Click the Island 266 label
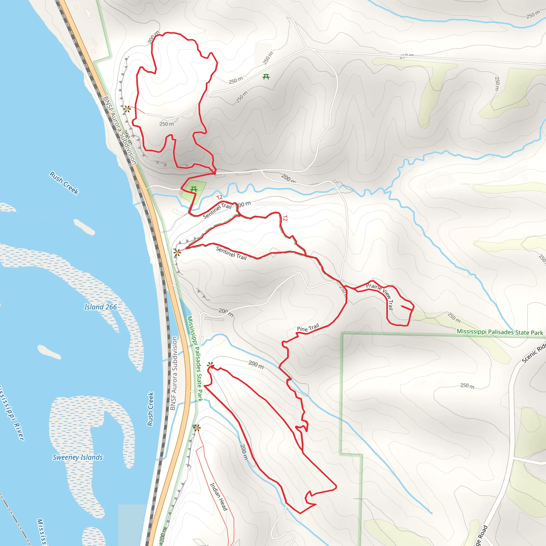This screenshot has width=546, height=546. [x=100, y=307]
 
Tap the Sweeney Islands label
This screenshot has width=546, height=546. [x=78, y=457]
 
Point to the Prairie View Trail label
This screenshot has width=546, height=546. [x=380, y=296]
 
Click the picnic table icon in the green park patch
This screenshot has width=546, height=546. [x=194, y=189]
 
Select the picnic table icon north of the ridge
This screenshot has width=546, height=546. [x=266, y=77]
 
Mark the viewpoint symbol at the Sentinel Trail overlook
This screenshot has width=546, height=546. [x=177, y=252]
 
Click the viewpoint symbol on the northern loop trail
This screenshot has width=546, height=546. [x=127, y=109]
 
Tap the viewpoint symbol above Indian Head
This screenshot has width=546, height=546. [x=197, y=428]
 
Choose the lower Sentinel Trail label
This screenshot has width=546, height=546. [x=231, y=253]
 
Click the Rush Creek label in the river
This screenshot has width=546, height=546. [x=64, y=183]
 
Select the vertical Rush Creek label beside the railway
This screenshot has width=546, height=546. [x=150, y=409]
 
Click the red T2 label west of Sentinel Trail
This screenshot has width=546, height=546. [x=219, y=197]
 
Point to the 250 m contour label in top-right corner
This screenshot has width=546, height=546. [x=533, y=14]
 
